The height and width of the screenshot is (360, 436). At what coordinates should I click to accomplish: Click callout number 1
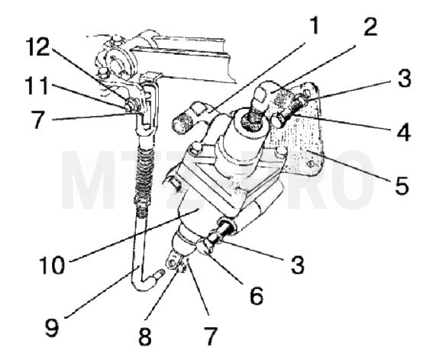point(314,25)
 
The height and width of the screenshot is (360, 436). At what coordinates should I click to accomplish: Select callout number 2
point(370,27)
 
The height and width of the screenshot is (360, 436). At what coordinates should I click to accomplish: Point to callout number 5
point(402,185)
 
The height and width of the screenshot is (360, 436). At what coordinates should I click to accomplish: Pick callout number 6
point(257,296)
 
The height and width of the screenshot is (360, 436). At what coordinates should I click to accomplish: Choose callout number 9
point(52,328)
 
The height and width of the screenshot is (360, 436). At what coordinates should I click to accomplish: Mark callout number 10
point(52,265)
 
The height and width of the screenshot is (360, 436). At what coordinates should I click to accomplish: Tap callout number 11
point(37,86)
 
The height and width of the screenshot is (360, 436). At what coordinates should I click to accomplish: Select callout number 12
point(37,47)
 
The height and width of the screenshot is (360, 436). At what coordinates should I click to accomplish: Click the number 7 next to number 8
point(210,336)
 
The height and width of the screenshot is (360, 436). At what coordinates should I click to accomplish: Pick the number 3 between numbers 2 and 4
point(404,79)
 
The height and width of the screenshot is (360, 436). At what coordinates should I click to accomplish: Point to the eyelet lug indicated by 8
point(173,262)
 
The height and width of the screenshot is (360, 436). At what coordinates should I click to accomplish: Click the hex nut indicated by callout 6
point(205,246)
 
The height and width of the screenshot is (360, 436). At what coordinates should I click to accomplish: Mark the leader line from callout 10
point(134,236)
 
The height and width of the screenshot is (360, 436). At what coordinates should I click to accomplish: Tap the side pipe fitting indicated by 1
point(189,117)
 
